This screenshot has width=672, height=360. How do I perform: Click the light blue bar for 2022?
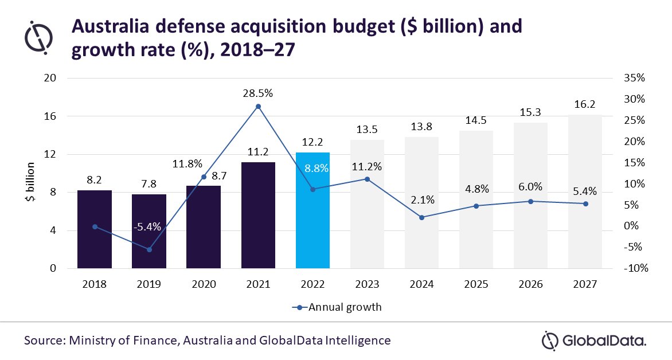312,229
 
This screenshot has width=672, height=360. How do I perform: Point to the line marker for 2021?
258,107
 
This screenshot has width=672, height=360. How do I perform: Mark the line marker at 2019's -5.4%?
149,249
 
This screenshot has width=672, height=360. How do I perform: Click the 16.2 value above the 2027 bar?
585,105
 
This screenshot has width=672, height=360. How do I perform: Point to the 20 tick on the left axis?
55,78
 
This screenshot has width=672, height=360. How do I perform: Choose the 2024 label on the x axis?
422,284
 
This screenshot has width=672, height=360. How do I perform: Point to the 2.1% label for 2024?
422,200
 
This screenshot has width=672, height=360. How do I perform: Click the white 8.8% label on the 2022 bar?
312,169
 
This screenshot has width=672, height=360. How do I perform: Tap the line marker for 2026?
530,201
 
